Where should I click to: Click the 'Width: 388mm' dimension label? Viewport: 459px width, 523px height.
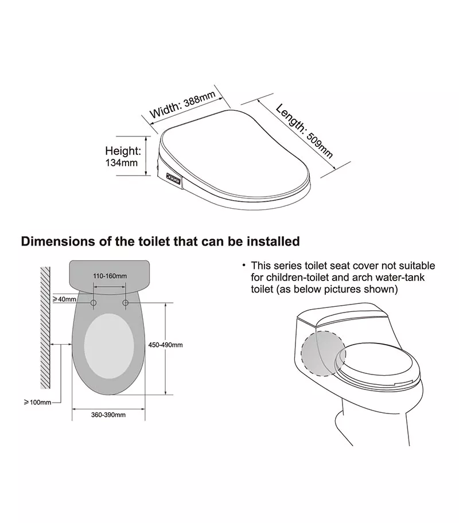click(x=182, y=104)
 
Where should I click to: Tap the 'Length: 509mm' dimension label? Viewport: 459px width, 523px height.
click(x=304, y=131)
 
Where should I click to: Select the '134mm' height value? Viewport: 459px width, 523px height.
click(x=122, y=163)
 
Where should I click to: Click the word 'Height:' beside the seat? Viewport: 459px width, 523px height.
click(x=123, y=151)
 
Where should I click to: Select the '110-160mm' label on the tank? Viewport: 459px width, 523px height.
click(x=110, y=276)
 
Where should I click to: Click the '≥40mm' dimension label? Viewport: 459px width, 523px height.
click(x=64, y=299)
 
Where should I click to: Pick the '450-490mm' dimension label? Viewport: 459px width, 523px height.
click(x=166, y=345)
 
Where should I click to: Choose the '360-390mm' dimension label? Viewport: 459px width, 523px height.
click(x=108, y=415)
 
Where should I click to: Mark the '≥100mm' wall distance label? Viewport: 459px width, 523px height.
click(x=37, y=402)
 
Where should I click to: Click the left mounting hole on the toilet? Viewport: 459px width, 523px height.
click(x=94, y=303)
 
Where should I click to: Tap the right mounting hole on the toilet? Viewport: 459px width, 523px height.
click(x=126, y=303)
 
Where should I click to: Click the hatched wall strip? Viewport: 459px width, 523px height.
click(x=45, y=327)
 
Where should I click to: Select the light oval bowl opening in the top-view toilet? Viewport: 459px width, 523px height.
click(x=109, y=346)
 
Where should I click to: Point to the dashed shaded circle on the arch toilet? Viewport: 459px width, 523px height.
click(x=323, y=354)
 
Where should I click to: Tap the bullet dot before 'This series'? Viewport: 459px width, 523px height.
click(x=244, y=266)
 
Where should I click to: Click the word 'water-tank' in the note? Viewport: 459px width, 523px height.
click(x=400, y=278)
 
